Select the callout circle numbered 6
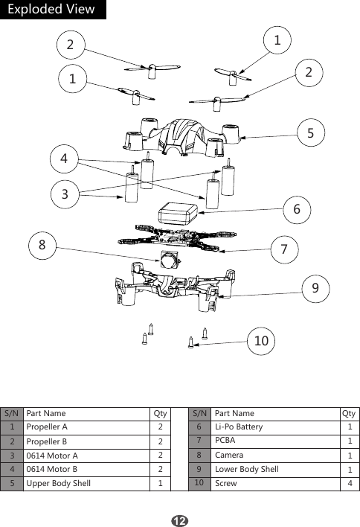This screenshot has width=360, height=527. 296,210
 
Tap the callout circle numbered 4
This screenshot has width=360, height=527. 64,159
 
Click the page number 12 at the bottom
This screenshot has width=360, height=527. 179,518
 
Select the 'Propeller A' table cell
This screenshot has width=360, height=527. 47,427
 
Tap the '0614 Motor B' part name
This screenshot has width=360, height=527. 51,469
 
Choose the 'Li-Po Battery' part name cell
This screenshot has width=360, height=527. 238,427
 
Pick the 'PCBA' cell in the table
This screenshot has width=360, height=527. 225,441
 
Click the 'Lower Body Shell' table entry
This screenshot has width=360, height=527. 246,469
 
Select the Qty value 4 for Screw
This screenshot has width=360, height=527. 350,483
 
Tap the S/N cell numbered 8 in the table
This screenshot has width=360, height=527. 199,455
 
